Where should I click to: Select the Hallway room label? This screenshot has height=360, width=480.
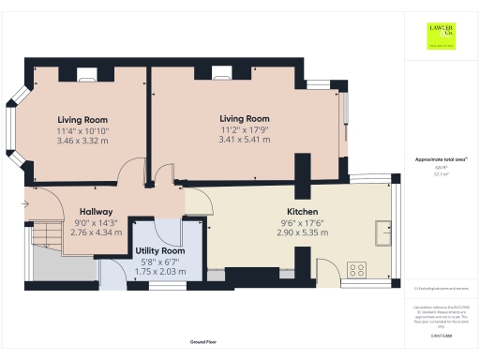96,211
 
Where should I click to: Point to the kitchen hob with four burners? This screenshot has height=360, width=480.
356,269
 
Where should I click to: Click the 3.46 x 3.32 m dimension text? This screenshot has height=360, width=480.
82,140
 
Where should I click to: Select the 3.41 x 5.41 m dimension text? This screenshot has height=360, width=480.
245,139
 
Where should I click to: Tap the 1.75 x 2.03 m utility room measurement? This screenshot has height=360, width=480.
161,272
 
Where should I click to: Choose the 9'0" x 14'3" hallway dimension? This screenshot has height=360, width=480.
96,221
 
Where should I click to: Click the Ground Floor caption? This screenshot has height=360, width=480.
204,343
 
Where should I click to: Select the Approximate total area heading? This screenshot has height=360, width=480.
435,159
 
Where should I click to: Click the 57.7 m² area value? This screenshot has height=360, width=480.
435,174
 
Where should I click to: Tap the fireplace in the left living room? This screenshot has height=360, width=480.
85,74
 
